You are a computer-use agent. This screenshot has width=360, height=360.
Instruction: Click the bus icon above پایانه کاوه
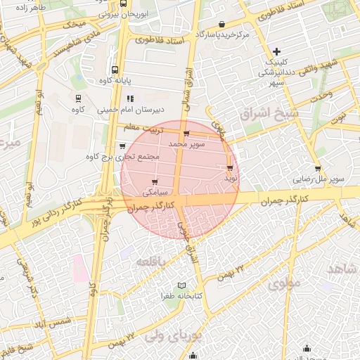coord(115,70)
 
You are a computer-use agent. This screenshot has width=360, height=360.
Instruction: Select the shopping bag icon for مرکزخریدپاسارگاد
coord(224,24)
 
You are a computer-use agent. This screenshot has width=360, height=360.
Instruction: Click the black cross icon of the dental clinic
coord(277,51)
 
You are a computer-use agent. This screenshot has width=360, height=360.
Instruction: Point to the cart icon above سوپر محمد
coord(186,134)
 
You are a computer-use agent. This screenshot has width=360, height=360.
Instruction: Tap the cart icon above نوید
coord(230,168)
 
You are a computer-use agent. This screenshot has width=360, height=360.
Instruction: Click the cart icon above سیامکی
coord(155,182)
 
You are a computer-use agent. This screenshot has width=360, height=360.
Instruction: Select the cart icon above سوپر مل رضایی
coord(319,169)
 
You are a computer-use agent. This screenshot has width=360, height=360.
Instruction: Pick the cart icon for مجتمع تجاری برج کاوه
coord(123,146)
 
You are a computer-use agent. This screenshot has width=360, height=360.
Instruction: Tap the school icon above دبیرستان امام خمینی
coord(130,98)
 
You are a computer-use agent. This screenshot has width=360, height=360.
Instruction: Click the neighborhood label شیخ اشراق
coord(269,112)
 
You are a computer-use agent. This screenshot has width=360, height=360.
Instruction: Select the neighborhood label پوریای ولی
coord(174,337)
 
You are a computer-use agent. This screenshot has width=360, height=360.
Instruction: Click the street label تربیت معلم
coord(161,129)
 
